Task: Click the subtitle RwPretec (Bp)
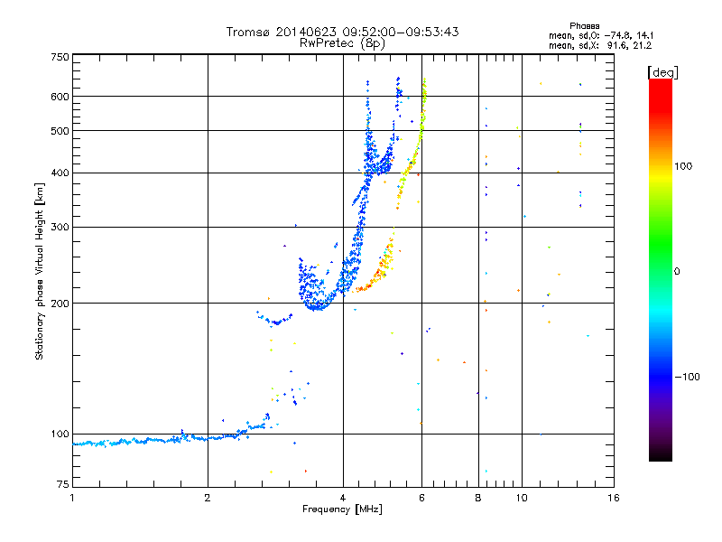coord(343,42)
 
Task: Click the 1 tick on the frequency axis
coord(72,498)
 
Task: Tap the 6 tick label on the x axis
coord(421,498)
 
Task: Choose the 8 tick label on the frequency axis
coord(478,498)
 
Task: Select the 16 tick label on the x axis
coord(613,498)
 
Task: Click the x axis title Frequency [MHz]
coord(343,510)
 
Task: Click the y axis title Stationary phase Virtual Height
coord(40,271)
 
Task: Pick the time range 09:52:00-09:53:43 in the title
coord(393,32)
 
